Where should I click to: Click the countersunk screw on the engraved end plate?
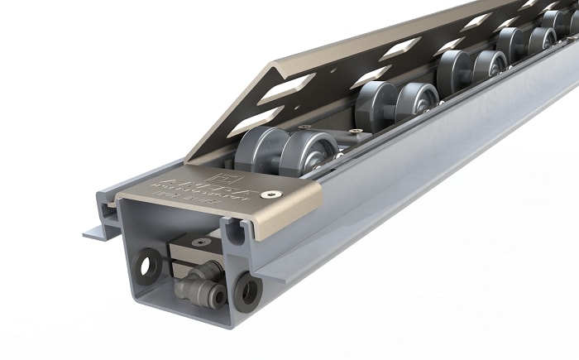(267, 194)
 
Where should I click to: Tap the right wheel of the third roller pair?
(489, 65)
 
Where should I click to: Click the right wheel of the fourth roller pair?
(542, 40)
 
